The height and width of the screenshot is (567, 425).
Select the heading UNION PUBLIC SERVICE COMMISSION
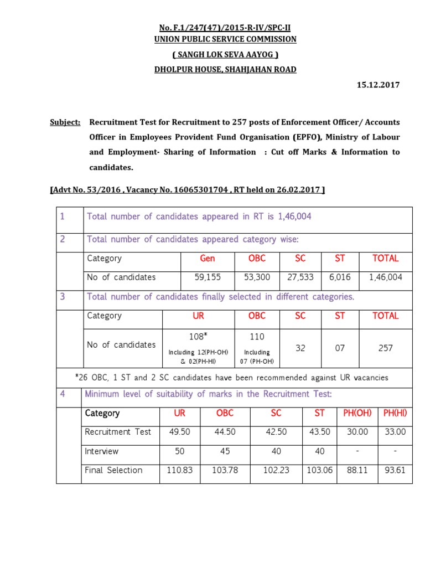(x=225, y=39)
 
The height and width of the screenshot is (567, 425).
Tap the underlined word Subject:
(x=65, y=122)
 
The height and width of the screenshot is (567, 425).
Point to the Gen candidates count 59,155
(x=208, y=277)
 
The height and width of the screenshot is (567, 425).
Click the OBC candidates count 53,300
(x=257, y=277)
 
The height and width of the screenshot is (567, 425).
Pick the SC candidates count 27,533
(x=300, y=277)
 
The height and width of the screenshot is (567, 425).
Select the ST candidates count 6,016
(x=340, y=277)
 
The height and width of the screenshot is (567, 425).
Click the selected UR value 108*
(x=198, y=337)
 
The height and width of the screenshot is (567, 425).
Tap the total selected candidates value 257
(x=386, y=348)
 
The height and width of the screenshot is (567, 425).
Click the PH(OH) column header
(x=357, y=413)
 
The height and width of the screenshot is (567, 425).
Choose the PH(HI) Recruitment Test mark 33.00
(x=395, y=432)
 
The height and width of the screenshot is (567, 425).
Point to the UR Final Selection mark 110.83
(x=180, y=470)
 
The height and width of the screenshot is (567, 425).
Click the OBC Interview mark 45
(x=225, y=451)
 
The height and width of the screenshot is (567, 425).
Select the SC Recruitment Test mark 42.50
(x=276, y=432)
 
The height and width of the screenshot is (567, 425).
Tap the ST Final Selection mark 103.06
(x=320, y=470)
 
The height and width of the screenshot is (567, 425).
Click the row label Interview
(x=102, y=451)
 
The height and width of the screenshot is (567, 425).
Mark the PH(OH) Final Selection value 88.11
(x=357, y=470)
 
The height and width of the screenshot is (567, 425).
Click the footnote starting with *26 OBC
(x=231, y=378)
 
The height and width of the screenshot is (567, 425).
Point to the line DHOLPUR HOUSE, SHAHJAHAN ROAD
(x=225, y=69)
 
